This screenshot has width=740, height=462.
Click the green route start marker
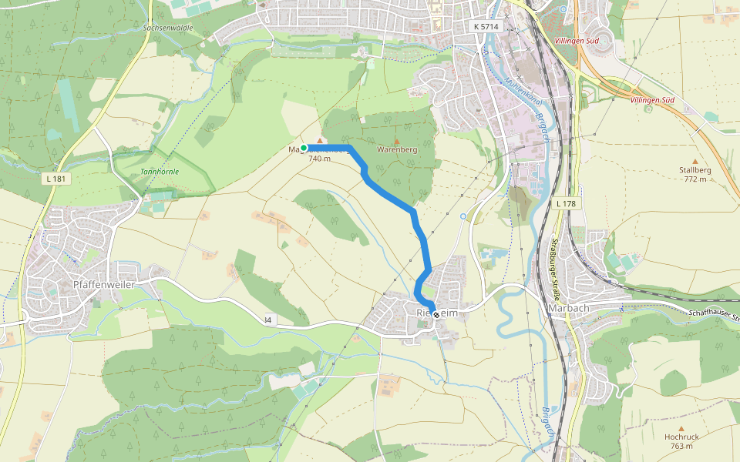pyautogui.click(x=304, y=148)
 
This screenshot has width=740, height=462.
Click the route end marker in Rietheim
pyautogui.click(x=436, y=314)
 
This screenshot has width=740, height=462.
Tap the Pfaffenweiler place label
pyautogui.click(x=103, y=285)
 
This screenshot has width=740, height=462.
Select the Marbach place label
pyautogui.click(x=568, y=308)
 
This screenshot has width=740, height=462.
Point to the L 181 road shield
pyautogui.click(x=54, y=179)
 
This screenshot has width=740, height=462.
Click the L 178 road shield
pyautogui.click(x=565, y=203)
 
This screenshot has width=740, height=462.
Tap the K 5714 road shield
pyautogui.click(x=486, y=27)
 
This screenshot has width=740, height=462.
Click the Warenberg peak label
pyautogui.click(x=397, y=150)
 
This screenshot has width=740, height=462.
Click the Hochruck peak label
pyautogui.click(x=681, y=437)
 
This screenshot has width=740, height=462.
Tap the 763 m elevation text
pyautogui.click(x=681, y=446)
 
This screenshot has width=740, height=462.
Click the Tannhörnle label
pyautogui.click(x=160, y=171)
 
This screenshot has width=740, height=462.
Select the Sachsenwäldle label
pyautogui.click(x=168, y=27)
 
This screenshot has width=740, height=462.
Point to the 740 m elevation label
pyautogui.click(x=319, y=159)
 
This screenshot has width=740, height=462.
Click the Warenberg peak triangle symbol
pyautogui.click(x=397, y=141)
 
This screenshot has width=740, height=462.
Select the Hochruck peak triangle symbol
pyautogui.click(x=681, y=427)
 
